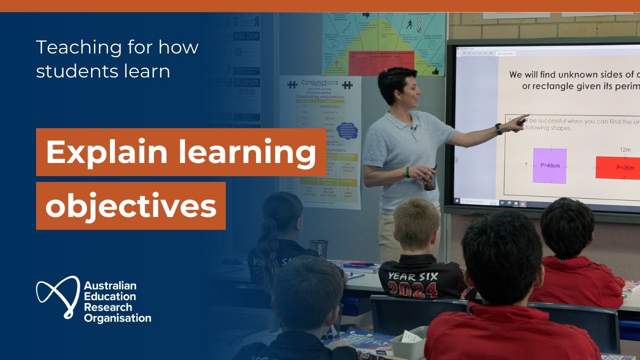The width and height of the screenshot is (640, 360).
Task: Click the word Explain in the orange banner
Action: coord(95,152)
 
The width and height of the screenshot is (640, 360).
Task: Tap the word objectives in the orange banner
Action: coord(131,205)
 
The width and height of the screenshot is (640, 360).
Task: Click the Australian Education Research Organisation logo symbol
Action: coord(57,297)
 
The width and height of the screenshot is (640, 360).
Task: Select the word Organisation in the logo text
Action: coord(117,318)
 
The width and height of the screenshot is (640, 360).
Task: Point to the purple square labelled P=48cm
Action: coord(549,165)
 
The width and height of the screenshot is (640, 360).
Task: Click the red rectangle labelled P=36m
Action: coord(618,168)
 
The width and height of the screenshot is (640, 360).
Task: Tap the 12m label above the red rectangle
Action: coord(625,149)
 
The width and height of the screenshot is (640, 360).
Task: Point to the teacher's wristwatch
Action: coord(498,128)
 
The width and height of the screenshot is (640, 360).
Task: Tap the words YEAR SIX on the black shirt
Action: coord(413,276)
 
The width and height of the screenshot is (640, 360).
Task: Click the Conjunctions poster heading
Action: coord(319,83)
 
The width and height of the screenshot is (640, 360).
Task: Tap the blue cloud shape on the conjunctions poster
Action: coord(348,130)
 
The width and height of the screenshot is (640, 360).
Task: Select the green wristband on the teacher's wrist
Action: coord(407,171)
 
